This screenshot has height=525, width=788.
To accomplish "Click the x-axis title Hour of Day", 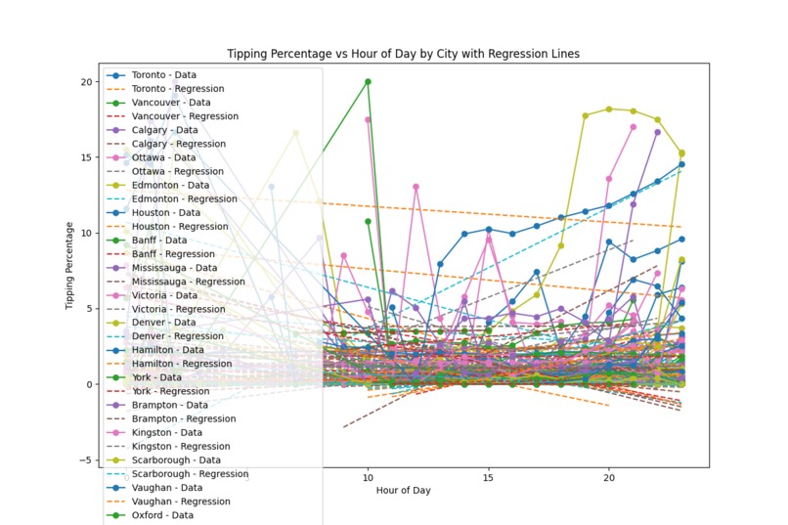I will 403,489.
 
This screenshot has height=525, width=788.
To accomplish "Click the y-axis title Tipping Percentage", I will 69,265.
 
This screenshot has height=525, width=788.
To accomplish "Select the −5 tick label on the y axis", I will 88,460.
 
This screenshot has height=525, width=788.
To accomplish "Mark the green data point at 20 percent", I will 368,82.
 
